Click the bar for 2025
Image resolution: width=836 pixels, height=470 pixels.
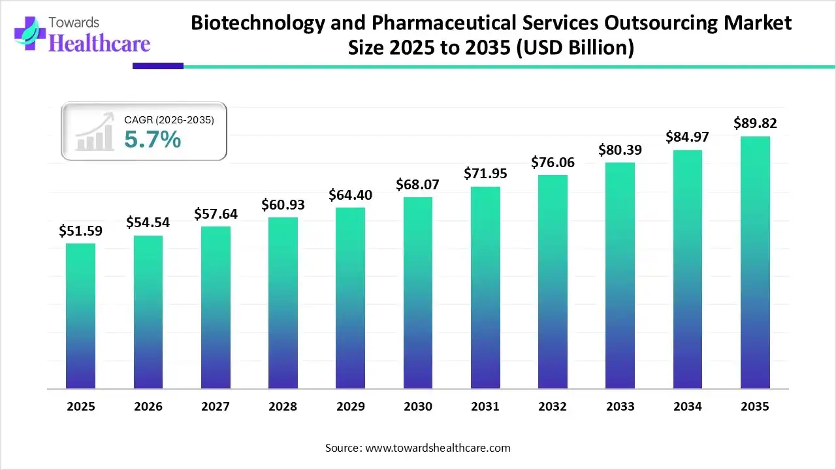pos(80,316)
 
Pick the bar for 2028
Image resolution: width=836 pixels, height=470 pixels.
pos(283,303)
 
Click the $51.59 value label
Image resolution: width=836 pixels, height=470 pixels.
pos(80,230)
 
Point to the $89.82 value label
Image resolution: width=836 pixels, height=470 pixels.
pos(755,123)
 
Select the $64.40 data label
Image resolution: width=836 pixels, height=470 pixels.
pos(350,195)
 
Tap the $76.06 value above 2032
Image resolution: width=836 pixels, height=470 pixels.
pos(553,162)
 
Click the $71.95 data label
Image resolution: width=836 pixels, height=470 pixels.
pos(485,174)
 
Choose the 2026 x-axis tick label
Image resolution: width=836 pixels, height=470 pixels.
pos(148,407)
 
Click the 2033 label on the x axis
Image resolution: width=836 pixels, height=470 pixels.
pos(620,407)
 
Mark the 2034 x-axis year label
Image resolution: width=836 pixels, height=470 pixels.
pos(688,407)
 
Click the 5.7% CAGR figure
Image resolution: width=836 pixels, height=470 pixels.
pos(152,139)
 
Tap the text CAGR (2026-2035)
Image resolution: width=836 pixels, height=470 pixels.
pos(169,119)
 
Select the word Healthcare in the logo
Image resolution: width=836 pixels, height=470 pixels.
pos(99,43)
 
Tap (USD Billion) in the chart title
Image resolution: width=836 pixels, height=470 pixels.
pos(575,49)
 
